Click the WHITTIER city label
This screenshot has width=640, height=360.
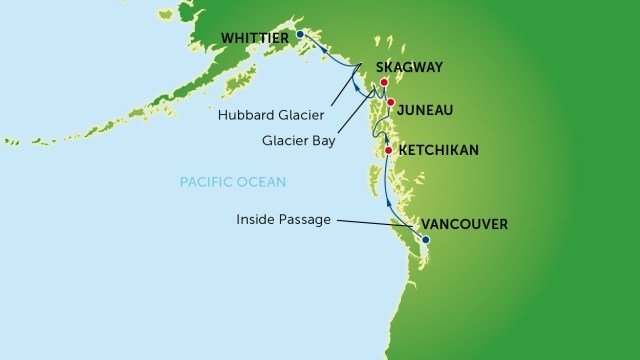255,38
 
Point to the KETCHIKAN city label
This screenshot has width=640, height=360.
438,151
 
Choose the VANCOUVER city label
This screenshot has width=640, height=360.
466,223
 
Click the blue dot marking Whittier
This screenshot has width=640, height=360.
300,36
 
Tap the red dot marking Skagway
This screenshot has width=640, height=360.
383,84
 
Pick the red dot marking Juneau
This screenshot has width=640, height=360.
392,103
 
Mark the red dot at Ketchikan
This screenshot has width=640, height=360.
388,151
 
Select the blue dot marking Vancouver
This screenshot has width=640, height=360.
425,240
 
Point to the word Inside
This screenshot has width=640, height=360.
258,218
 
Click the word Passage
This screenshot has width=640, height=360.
308,218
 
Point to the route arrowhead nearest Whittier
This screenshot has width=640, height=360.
312,41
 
